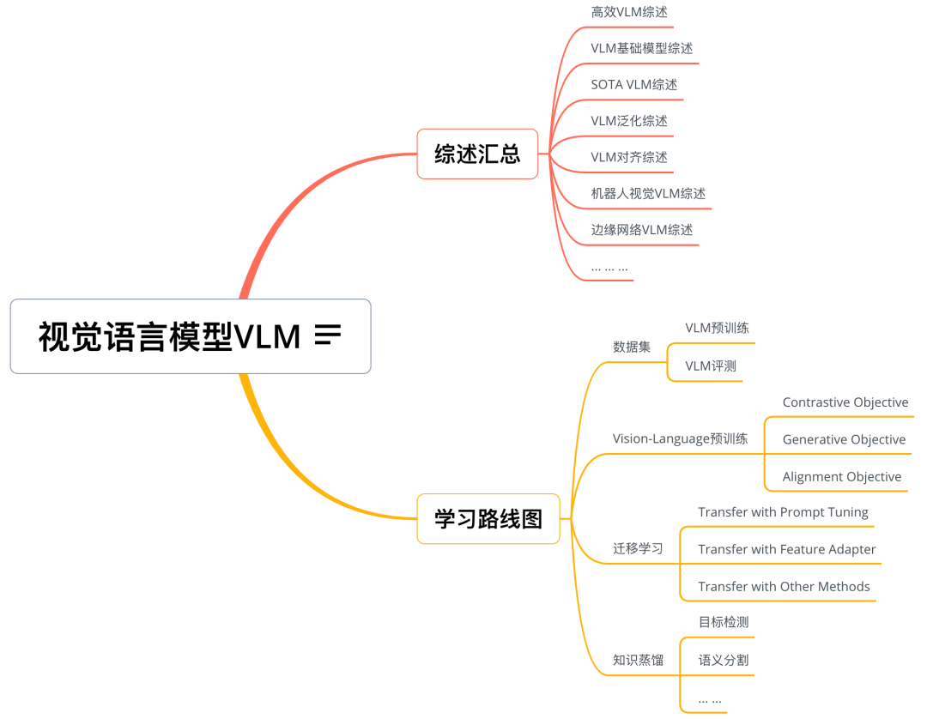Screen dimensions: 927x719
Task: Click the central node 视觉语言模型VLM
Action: point(170,336)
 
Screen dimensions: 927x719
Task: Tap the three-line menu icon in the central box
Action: point(328,335)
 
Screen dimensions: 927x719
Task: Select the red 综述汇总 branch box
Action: point(477,154)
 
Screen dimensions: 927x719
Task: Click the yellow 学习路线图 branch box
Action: point(488,518)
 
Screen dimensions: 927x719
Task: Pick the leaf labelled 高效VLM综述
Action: point(629,12)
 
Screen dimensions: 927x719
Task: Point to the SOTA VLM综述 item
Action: point(633,84)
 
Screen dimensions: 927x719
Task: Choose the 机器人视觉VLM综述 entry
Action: point(648,194)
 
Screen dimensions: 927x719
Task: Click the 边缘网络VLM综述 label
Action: point(641,230)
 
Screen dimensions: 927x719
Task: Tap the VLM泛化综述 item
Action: point(629,121)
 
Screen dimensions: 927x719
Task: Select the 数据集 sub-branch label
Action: point(631,347)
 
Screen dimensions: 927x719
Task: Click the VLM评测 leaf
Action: point(710,366)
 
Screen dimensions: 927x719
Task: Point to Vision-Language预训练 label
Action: point(680,438)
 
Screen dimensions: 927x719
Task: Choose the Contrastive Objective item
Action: point(845,402)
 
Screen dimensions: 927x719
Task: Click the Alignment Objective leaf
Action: point(841,477)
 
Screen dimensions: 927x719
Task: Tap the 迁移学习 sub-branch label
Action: point(638,548)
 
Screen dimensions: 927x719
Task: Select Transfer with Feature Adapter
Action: point(786,549)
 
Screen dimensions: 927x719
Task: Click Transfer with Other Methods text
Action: point(784,587)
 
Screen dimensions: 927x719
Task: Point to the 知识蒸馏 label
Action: point(638,660)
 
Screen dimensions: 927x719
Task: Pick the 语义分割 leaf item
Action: point(723,660)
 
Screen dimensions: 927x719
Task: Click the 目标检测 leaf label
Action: point(723,622)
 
